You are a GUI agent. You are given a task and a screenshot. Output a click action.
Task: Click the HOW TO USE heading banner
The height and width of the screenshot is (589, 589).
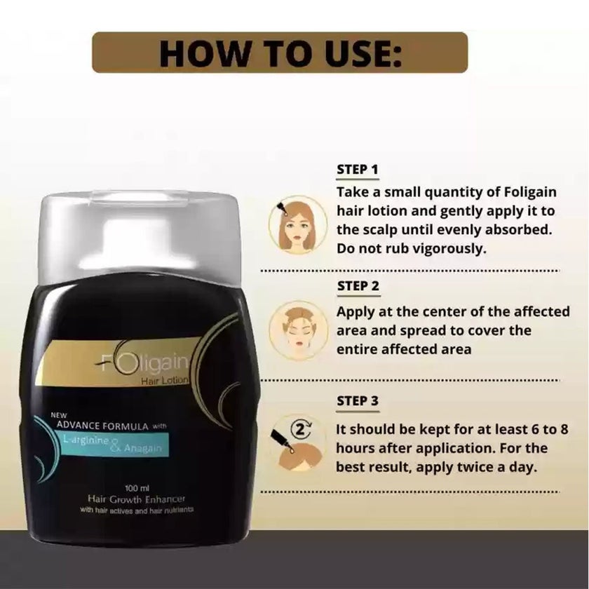(x=280, y=52)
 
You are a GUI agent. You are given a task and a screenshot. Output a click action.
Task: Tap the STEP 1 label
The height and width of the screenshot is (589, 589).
(x=358, y=170)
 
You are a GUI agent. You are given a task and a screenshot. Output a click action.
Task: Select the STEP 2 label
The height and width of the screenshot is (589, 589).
(x=358, y=286)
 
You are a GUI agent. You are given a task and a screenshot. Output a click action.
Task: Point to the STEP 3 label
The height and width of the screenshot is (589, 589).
(x=358, y=402)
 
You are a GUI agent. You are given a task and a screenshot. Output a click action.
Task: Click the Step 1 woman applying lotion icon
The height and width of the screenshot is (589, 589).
(x=298, y=224)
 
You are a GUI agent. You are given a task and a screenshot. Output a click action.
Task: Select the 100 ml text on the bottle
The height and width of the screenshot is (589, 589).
(x=135, y=486)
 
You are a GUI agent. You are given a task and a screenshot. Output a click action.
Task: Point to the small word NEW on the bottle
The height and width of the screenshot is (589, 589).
(x=57, y=413)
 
